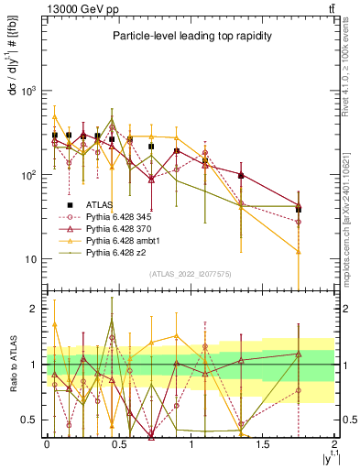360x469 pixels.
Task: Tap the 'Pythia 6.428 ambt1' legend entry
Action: (x=120, y=240)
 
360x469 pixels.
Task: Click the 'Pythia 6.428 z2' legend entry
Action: (x=114, y=251)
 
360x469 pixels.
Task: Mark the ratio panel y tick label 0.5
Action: (x=30, y=420)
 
